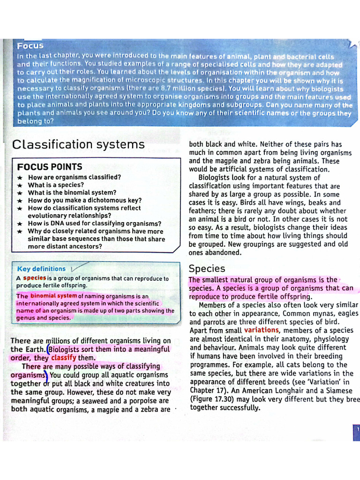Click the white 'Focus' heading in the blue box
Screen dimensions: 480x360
(30, 46)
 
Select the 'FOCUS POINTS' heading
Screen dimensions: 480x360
(50, 167)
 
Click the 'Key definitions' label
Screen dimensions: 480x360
(41, 269)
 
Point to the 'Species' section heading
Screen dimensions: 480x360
(207, 269)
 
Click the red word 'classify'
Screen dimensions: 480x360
(64, 358)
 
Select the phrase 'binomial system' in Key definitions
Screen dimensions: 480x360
(53, 296)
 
